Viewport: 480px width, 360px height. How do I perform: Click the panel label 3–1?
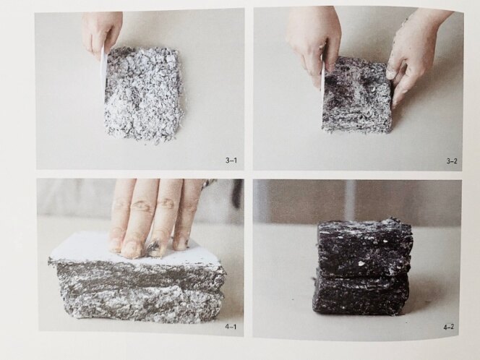[x=231, y=160]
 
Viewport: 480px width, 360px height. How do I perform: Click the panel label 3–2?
[x=452, y=160]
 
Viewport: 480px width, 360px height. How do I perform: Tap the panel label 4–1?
[x=231, y=327]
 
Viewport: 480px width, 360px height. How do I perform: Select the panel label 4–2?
[x=448, y=327]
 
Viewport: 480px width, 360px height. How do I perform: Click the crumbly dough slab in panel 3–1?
[x=144, y=93]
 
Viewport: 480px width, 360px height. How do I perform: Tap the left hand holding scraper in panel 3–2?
[x=314, y=43]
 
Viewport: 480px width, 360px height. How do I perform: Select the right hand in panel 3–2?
[x=416, y=52]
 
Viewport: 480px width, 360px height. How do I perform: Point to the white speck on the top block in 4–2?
[x=361, y=263]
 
